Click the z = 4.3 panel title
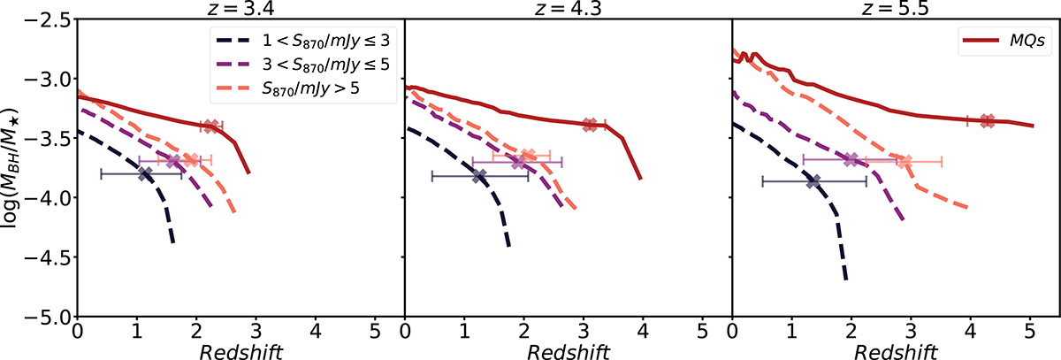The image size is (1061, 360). pyautogui.click(x=568, y=9)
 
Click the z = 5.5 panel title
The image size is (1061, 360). pyautogui.click(x=895, y=9)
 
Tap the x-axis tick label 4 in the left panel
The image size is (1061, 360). pyautogui.click(x=316, y=333)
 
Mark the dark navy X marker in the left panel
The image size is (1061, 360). pyautogui.click(x=145, y=173)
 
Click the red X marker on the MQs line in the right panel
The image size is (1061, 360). pyautogui.click(x=988, y=120)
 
